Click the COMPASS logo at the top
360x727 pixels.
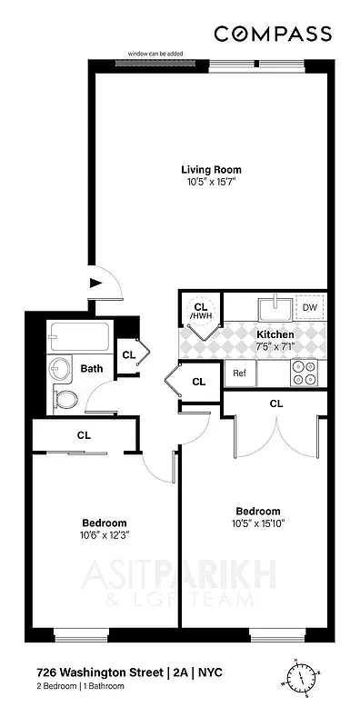(272, 34)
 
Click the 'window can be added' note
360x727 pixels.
(155, 54)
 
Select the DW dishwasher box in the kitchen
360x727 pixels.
(309, 308)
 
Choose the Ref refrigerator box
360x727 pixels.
(240, 373)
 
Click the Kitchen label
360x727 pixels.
(276, 334)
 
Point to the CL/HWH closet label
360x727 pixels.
(201, 312)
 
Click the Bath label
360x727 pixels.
(91, 369)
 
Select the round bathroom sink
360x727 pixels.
(59, 369)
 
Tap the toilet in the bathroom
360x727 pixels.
(65, 397)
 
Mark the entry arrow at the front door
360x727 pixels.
(94, 283)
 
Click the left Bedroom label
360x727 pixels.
(104, 523)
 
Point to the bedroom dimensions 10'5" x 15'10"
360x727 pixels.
(258, 523)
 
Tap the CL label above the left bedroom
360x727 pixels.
(84, 435)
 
